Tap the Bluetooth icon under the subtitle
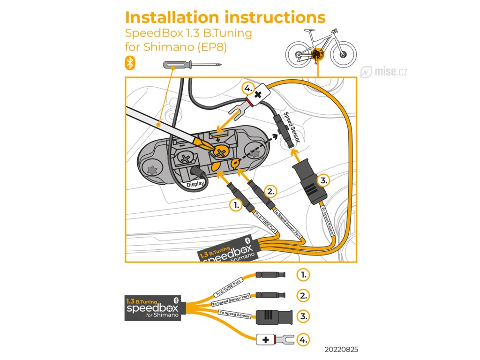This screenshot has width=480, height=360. tap(130, 63)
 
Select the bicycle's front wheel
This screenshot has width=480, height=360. tap(343, 55)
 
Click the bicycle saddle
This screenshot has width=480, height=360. tap(309, 30)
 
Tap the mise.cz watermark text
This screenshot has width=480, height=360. tap(391, 72)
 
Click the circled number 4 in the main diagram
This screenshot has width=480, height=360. tap(248, 89)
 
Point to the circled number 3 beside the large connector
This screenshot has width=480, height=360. tap(323, 180)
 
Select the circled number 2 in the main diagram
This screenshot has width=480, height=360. tap(270, 192)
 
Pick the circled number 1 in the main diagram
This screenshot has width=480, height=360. tap(236, 205)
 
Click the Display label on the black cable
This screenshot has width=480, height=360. tap(195, 184)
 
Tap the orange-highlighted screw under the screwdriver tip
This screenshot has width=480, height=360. tap(220, 152)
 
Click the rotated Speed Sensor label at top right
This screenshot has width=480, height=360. tap(292, 127)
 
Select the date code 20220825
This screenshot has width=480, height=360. tap(341, 349)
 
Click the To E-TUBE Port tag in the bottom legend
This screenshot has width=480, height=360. tap(229, 287)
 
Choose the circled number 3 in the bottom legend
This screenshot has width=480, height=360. tap(303, 316)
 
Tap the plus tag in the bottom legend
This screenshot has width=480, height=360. tap(266, 339)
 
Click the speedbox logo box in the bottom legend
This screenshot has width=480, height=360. tap(153, 308)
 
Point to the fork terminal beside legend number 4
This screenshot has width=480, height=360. tap(285, 339)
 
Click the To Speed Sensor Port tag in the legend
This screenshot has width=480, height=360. tap(231, 300)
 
